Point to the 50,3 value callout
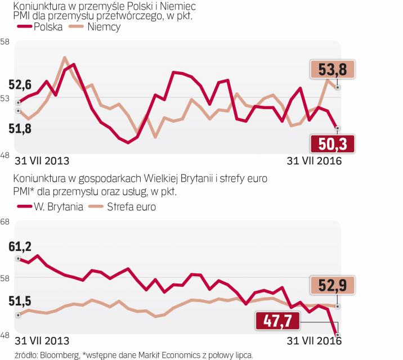(333, 145)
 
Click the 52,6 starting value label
(20, 85)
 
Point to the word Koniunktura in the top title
(33, 6)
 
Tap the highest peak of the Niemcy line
(65, 57)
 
